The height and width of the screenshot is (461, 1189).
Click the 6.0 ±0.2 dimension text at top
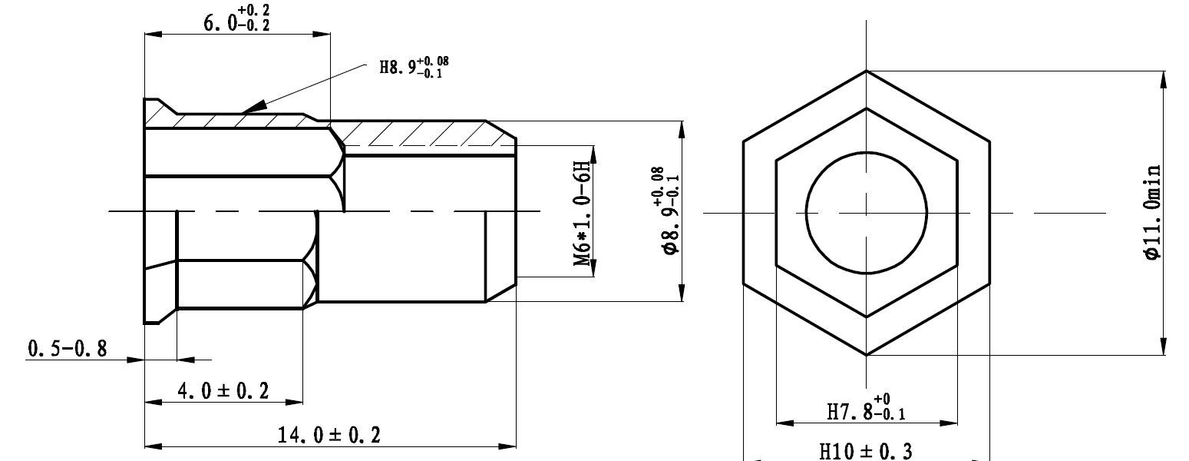tap(236, 19)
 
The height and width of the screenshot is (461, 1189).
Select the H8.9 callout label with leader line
tap(412, 67)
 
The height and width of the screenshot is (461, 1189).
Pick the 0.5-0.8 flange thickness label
tap(68, 350)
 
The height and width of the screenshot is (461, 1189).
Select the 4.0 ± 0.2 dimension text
tap(223, 391)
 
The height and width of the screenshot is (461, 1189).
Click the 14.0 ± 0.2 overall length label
tap(329, 436)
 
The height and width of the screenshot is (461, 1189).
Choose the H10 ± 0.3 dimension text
tap(866, 451)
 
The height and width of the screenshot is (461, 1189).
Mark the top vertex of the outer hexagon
tap(867, 71)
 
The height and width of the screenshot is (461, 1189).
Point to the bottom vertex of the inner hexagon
tap(867, 317)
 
